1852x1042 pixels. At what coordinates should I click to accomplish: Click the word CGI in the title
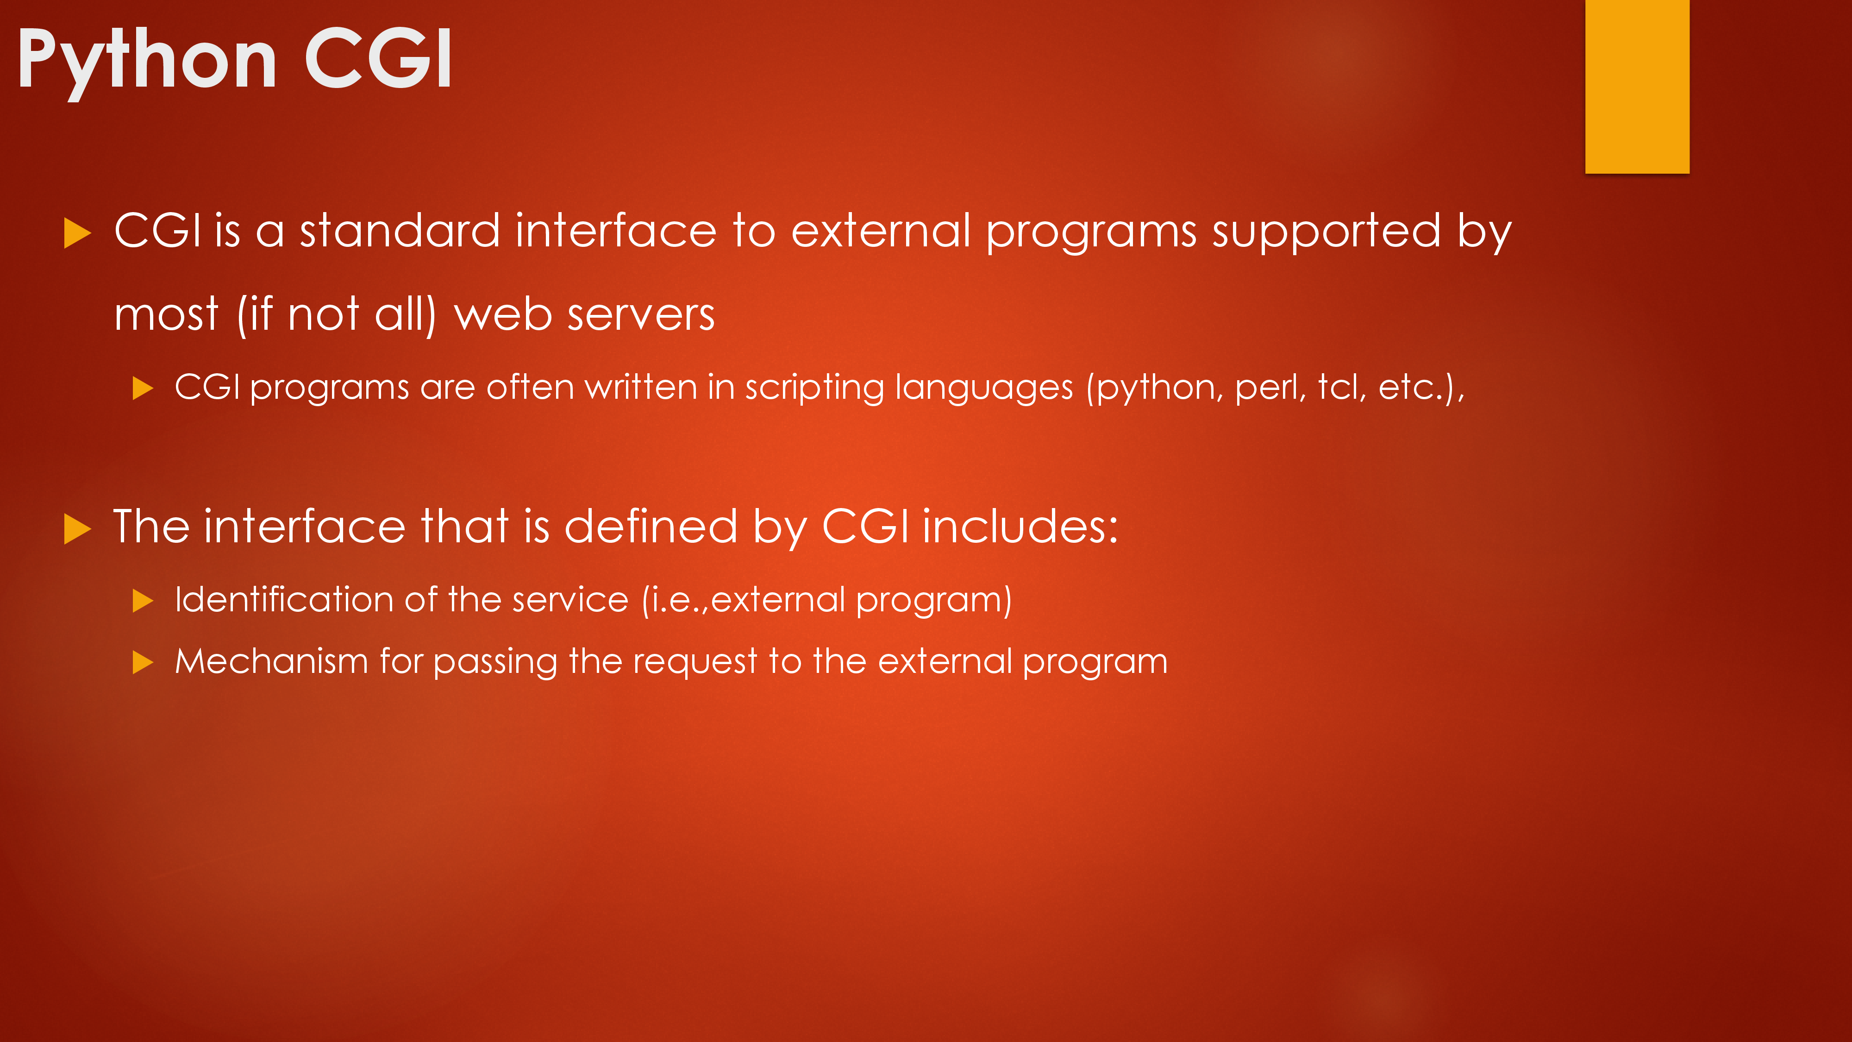379,58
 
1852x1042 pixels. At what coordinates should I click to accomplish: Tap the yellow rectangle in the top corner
1637,86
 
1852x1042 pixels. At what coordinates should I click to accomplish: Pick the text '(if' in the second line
255,315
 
